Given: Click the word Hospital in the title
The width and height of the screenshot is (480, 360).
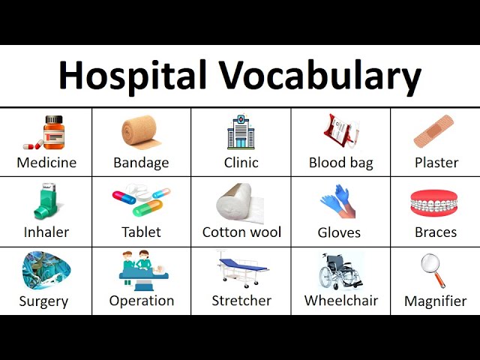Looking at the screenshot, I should point(132,76).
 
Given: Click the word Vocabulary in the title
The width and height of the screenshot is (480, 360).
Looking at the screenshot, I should point(320,76).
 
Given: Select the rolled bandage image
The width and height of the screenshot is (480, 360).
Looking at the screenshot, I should point(141,132).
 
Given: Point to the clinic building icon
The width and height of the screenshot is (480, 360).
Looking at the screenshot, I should point(241,132).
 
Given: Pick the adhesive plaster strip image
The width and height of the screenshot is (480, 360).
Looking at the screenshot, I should point(434,132).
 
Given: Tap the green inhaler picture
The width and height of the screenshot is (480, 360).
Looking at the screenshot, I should point(44,201).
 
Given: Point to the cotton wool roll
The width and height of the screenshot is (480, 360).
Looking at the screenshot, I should point(239,202).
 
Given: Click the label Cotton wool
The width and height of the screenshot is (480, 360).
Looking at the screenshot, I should point(241,232).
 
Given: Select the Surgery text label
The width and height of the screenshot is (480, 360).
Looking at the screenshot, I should point(43,301).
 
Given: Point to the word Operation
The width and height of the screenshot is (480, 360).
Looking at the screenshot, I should point(141,301).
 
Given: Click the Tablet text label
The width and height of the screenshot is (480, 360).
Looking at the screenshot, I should point(141,232).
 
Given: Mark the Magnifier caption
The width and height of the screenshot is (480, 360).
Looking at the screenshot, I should point(435,301).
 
